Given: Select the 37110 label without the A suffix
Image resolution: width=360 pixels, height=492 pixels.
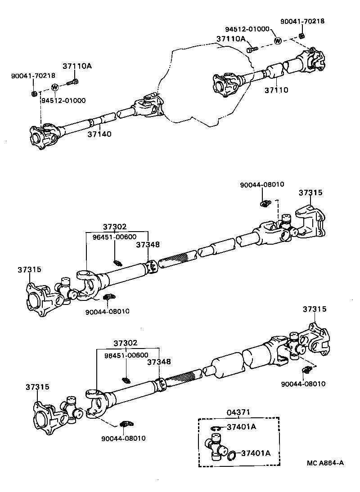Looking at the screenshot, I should (276, 90).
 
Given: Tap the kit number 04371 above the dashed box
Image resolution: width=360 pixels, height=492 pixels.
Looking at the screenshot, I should (238, 412).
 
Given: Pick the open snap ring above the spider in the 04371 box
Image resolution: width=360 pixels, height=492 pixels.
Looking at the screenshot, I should (216, 428).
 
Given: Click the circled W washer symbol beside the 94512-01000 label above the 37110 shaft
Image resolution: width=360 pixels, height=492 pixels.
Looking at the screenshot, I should (278, 41).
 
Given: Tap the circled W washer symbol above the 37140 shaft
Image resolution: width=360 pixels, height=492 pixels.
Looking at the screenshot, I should (54, 87).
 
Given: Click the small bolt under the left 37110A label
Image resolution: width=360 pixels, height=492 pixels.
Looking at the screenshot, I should (72, 82).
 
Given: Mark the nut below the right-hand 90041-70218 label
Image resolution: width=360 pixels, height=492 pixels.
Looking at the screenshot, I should (302, 36).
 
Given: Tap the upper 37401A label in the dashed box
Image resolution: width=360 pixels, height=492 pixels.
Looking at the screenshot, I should (241, 427).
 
